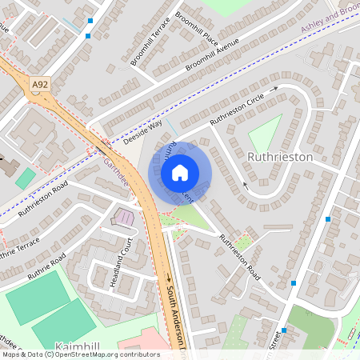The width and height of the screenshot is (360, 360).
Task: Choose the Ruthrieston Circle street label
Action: coord(237,110)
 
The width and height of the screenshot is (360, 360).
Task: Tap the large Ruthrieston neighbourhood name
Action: coord(280,157)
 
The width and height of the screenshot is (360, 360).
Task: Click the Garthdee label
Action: coord(117,169)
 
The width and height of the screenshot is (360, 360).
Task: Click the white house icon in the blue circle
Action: coord(180,172)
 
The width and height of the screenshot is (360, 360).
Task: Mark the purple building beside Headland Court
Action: coord(126,217)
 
